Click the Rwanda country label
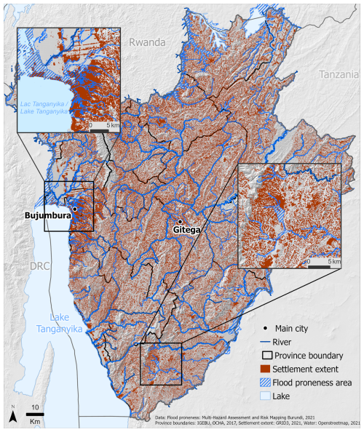(x=148, y=42)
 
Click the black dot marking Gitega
(x=180, y=221)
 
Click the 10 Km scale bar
(x=35, y=415)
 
